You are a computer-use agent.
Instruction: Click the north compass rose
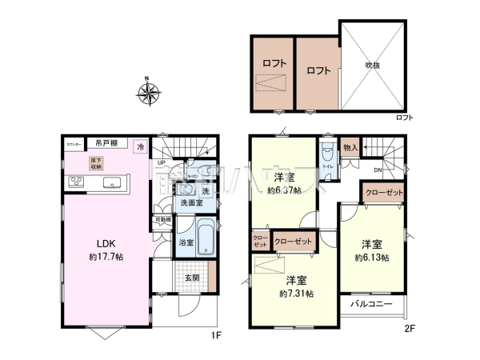pyautogui.click(x=149, y=94)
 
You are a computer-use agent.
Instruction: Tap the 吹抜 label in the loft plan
pyautogui.click(x=373, y=65)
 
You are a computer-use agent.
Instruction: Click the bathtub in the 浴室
pyautogui.click(x=203, y=238)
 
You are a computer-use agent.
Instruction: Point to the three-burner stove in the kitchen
pyautogui.click(x=77, y=182)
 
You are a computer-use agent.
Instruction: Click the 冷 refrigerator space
pyautogui.click(x=142, y=147)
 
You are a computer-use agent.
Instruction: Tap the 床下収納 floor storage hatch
pyautogui.click(x=97, y=162)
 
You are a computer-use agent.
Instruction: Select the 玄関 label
pyautogui.click(x=191, y=278)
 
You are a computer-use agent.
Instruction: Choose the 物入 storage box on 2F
pyautogui.click(x=350, y=147)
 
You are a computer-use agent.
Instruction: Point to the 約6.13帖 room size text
pyautogui.click(x=374, y=258)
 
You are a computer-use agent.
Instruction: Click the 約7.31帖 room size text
pyautogui.click(x=296, y=294)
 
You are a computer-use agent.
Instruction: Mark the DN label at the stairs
pyautogui.click(x=376, y=170)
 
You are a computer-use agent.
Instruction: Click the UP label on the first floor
pyautogui.click(x=162, y=163)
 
